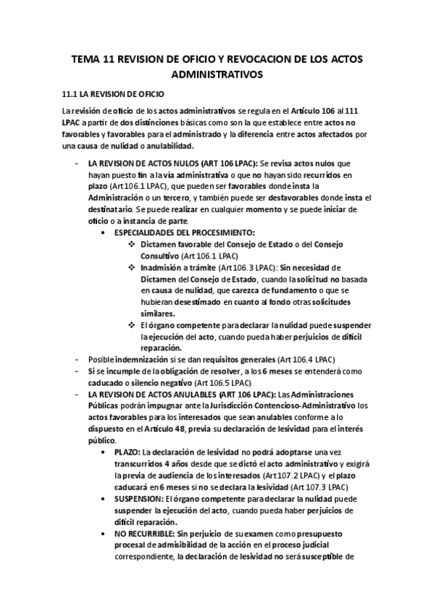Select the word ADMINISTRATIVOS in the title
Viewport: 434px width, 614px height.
tap(217, 74)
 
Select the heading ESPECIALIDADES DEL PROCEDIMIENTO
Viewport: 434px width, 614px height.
tap(184, 232)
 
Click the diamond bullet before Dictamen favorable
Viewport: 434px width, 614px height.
tap(131, 245)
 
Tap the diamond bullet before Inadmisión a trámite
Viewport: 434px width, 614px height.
tap(131, 268)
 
